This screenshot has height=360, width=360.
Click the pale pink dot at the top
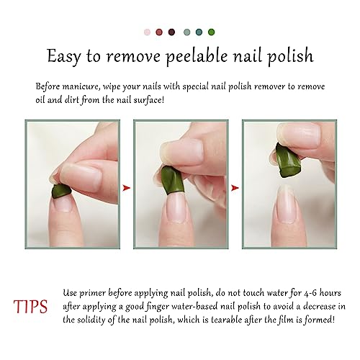pyautogui.click(x=148, y=32)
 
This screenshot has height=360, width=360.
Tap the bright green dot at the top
pyautogui.click(x=211, y=32)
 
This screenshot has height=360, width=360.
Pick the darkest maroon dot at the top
pyautogui.click(x=172, y=32)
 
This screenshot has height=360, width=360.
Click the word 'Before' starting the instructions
pyautogui.click(x=54, y=86)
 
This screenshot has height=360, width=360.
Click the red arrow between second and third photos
pyautogui.click(x=233, y=188)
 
